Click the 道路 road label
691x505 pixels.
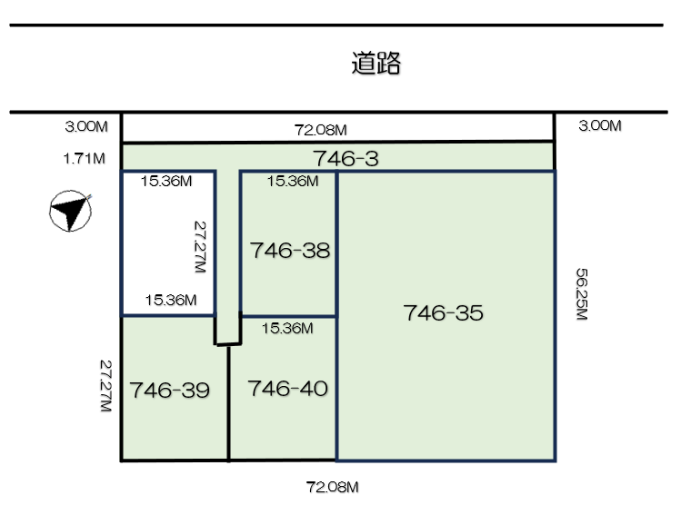[376, 63]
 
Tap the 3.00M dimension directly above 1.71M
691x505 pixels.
[86, 126]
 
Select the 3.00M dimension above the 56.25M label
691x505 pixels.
[600, 125]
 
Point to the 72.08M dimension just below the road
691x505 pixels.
[320, 130]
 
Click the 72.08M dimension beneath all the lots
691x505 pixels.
[332, 487]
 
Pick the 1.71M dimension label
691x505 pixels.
[85, 158]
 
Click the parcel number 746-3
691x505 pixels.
[345, 159]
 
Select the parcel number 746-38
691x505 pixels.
[290, 251]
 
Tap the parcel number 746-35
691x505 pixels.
[444, 312]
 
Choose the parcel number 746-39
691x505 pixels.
[170, 390]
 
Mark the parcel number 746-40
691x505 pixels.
[288, 389]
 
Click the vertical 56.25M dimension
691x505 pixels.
[582, 294]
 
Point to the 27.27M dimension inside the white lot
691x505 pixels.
[200, 246]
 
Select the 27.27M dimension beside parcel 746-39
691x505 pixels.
[105, 386]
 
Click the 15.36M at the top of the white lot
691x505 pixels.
[166, 181]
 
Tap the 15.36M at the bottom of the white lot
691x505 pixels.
[171, 300]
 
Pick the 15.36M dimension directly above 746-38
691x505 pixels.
[293, 181]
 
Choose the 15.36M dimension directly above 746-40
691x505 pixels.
[287, 328]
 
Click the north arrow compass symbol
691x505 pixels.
[71, 211]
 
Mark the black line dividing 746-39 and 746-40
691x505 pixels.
[228, 403]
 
